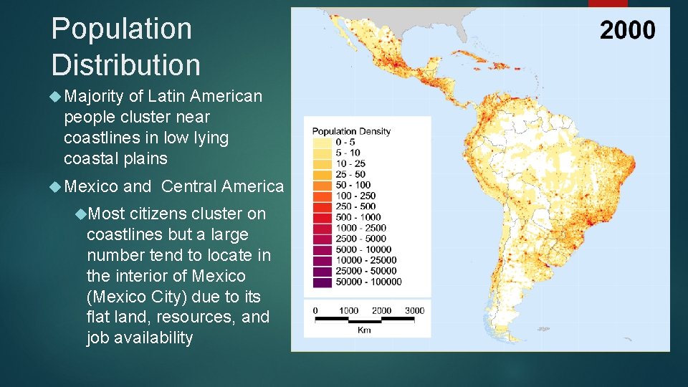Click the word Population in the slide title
(x=122, y=29)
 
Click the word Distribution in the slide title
(x=126, y=64)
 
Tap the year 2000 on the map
(x=627, y=30)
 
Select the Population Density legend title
(x=351, y=131)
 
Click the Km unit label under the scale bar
(x=364, y=330)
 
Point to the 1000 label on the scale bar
(x=349, y=310)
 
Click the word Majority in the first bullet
(x=94, y=96)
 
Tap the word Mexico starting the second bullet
(x=91, y=186)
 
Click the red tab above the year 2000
(x=608, y=4)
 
